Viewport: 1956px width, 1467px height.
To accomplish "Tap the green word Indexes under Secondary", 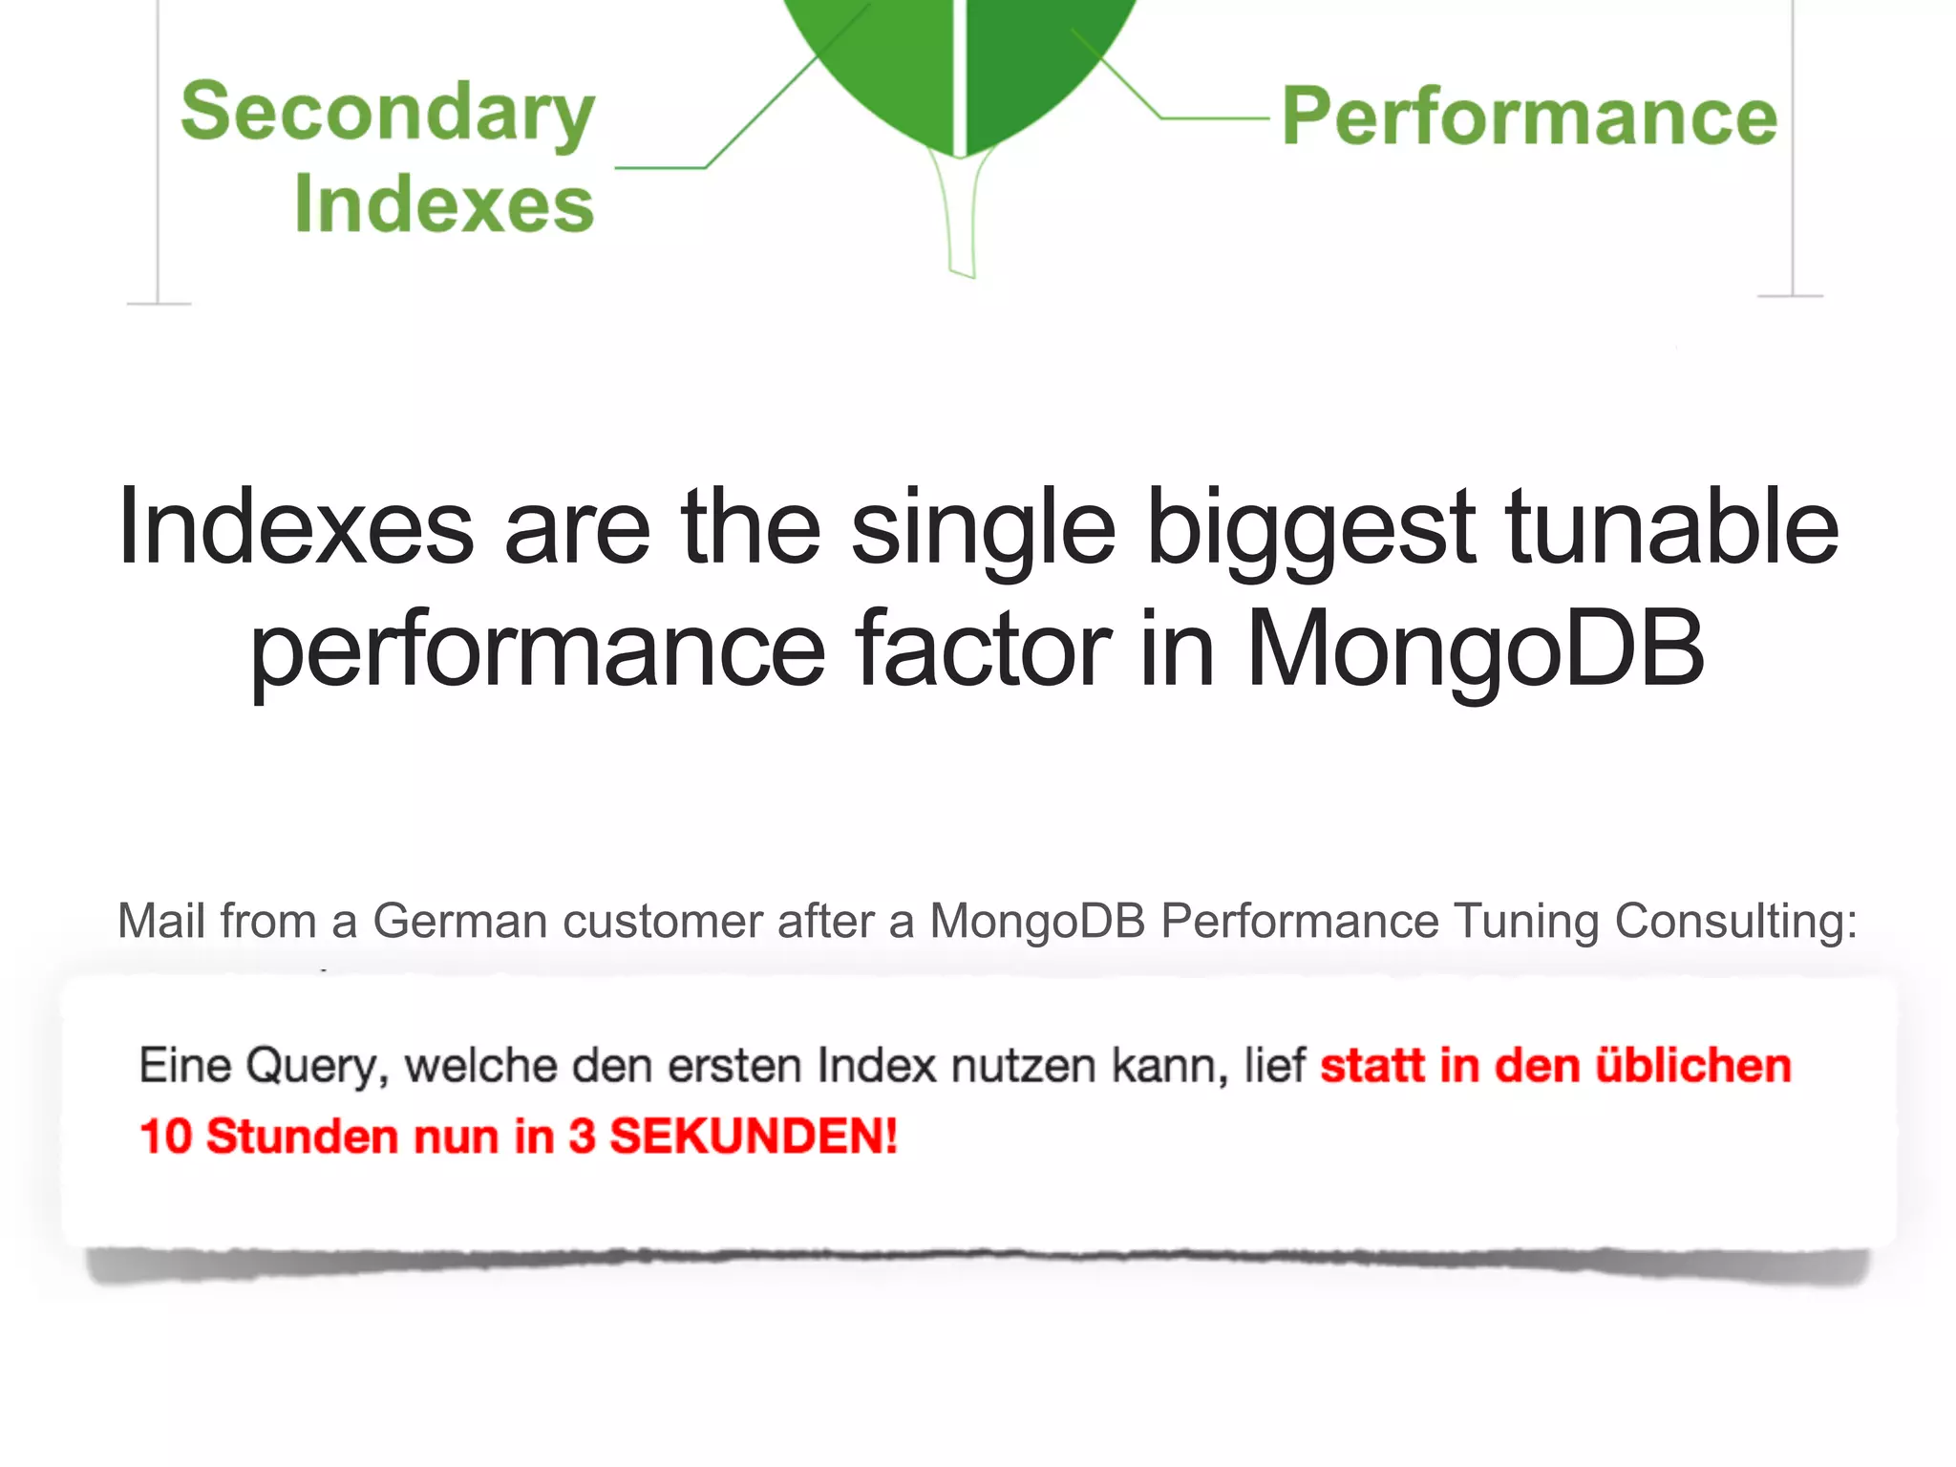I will (x=444, y=204).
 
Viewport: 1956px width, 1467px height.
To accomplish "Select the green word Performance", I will (x=1529, y=117).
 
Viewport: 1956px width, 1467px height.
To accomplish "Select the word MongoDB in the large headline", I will (x=1476, y=649).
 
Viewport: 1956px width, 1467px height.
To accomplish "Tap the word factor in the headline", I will (x=983, y=649).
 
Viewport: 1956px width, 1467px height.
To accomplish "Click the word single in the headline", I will (x=983, y=528).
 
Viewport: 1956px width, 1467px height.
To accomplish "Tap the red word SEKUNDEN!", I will (x=754, y=1137).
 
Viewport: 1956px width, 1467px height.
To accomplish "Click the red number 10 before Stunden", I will (x=165, y=1137).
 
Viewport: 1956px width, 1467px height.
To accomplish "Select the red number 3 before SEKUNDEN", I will (x=582, y=1137).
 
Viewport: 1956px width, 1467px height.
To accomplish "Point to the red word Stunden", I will (x=302, y=1137).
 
